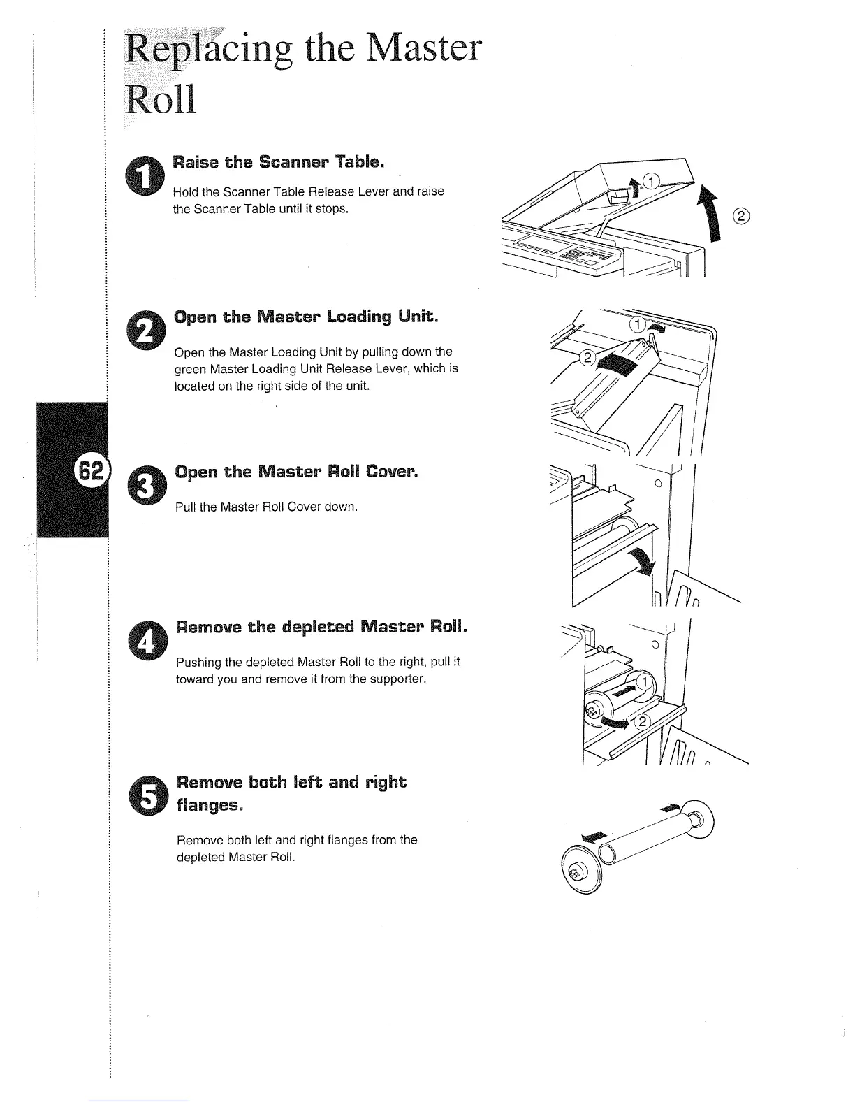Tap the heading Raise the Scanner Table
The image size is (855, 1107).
pyautogui.click(x=279, y=162)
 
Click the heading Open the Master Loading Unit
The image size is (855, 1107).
pyautogui.click(x=307, y=317)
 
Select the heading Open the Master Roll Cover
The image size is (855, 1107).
pyautogui.click(x=297, y=472)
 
